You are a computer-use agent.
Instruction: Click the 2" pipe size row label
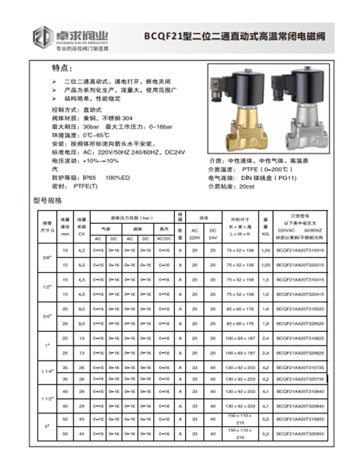coord(45,426)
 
